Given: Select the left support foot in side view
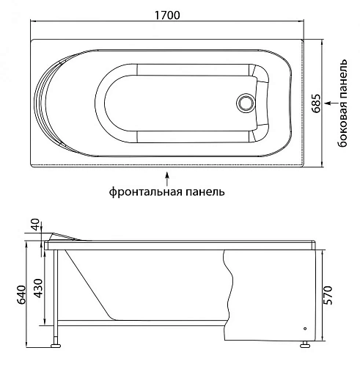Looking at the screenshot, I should [x=55, y=341].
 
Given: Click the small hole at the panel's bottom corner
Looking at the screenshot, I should [x=304, y=329].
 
